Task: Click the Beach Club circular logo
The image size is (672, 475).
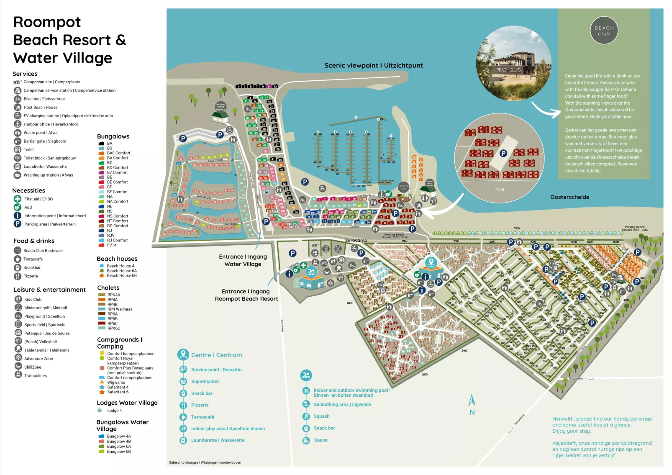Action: pos(604,31)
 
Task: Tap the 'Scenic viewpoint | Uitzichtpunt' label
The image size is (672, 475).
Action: pos(373,65)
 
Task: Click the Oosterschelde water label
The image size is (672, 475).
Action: pos(569,197)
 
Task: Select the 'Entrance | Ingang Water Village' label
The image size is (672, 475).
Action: pos(243,260)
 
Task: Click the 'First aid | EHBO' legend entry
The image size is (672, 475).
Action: pos(38,199)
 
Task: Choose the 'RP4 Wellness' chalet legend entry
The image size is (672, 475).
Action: pos(119,309)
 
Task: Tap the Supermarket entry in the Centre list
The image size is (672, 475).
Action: pos(205,382)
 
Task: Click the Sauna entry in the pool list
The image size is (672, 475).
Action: pos(321,440)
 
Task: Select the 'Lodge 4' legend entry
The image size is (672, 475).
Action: pos(114,411)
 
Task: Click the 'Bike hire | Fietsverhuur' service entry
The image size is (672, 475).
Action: pos(44,99)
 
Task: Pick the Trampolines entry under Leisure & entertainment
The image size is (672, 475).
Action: pos(35,376)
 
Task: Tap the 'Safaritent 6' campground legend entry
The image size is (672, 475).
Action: pos(118,392)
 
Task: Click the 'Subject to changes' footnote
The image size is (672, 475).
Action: pos(205,463)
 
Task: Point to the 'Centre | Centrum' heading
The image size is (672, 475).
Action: pos(216,355)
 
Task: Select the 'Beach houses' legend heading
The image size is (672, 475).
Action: pos(117,259)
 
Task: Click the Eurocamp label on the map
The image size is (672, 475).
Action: pos(356,241)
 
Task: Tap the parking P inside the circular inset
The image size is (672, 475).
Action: pos(503,154)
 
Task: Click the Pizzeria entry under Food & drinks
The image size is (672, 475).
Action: pos(30,276)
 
